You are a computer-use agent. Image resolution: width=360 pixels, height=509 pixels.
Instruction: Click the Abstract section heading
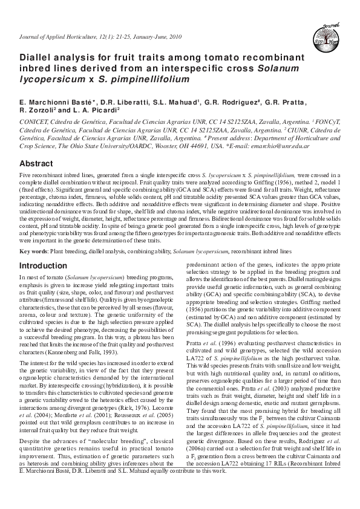point(37,164)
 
